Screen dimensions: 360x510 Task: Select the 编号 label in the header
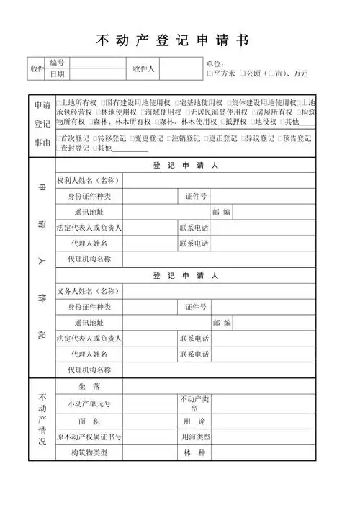click(x=57, y=63)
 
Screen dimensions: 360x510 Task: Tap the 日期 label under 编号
click(x=57, y=74)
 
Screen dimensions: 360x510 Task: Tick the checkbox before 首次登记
click(x=58, y=138)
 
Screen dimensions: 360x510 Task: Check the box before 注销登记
click(x=168, y=138)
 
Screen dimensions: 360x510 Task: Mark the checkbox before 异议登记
click(x=242, y=138)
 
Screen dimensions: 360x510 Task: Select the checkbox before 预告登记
click(x=279, y=138)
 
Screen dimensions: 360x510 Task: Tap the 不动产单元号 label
click(x=89, y=403)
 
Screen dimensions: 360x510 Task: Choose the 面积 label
click(x=89, y=420)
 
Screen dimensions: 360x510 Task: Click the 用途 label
click(x=194, y=420)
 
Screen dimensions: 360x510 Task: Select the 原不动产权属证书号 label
click(x=89, y=437)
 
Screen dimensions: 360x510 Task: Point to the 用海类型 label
click(x=194, y=437)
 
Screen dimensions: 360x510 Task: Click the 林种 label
click(x=194, y=453)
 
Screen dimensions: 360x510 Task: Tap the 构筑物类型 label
click(x=89, y=453)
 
